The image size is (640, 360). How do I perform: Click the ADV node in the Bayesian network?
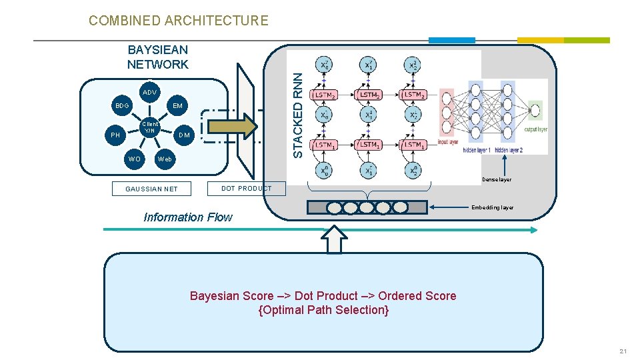point(149,92)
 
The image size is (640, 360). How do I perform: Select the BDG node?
point(121,106)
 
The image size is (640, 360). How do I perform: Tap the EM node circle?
point(177,106)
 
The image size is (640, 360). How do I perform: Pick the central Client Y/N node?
point(150,127)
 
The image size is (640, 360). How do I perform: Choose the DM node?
point(184,135)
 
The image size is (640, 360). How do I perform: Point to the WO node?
point(135,159)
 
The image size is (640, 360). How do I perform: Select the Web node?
point(164,159)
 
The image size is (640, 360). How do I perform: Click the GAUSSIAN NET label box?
point(152,189)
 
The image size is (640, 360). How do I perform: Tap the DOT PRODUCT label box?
point(246,188)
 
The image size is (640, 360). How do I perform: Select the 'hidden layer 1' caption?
point(477,151)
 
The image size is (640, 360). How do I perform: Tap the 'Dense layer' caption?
point(497,180)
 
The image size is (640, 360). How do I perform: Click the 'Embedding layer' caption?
point(492,208)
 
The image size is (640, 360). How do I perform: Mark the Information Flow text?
point(188,217)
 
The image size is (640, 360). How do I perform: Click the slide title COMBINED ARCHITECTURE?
point(178,21)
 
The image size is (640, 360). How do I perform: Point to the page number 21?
point(623,351)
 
